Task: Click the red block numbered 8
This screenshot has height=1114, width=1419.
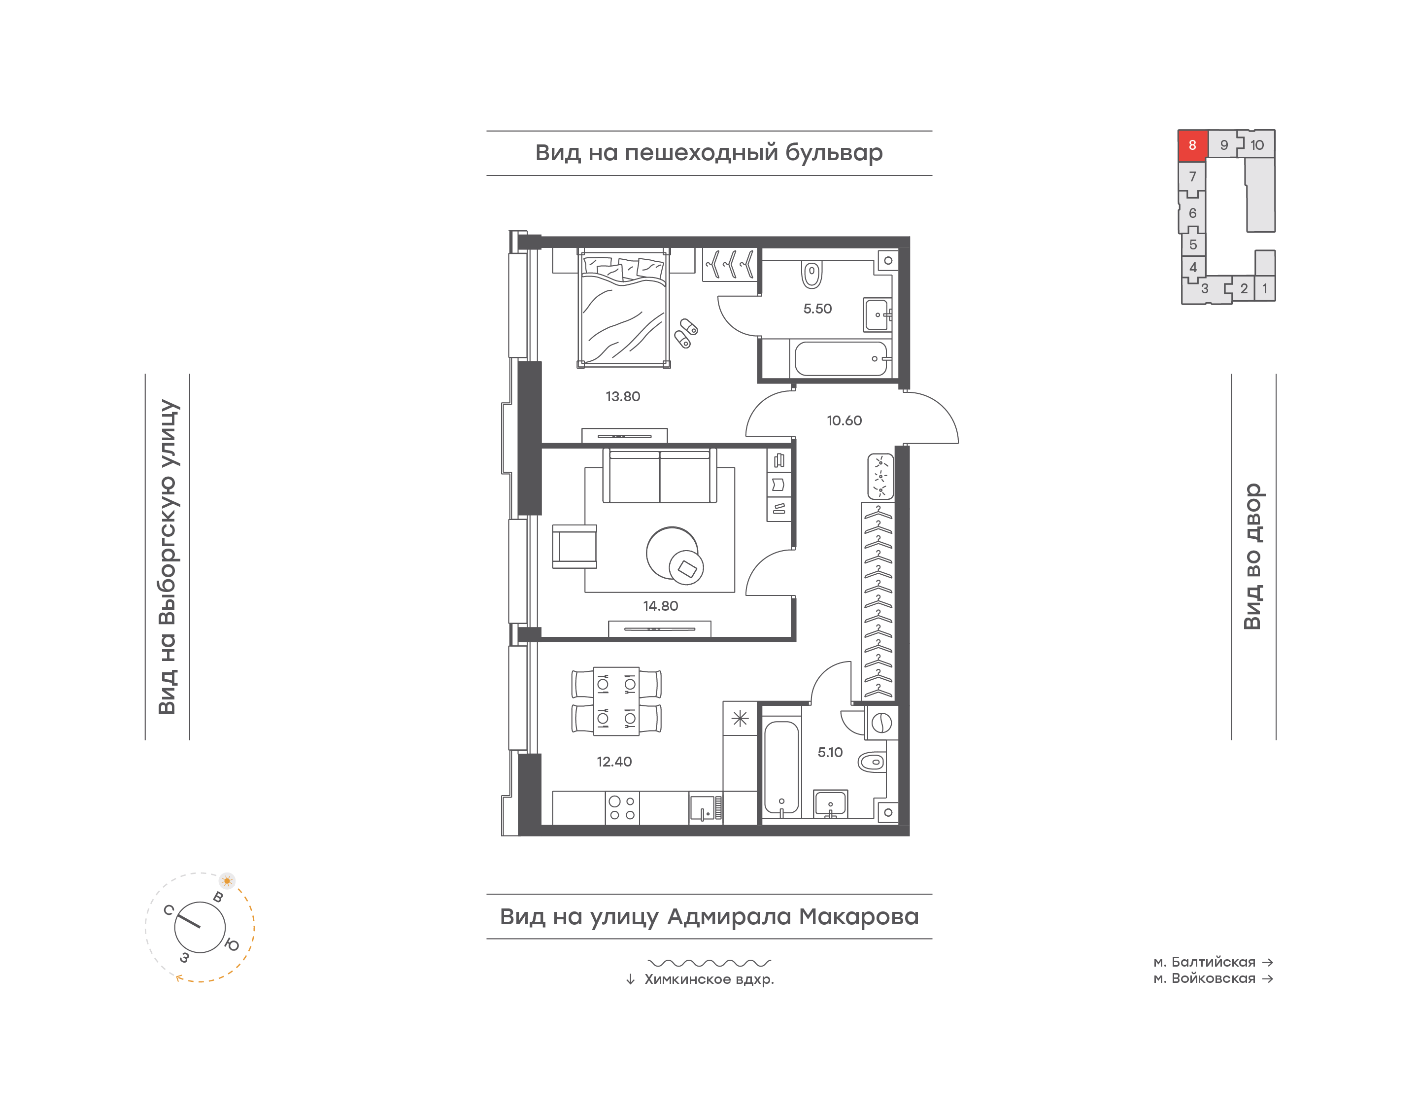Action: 1192,145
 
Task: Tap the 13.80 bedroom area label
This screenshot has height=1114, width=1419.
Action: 622,396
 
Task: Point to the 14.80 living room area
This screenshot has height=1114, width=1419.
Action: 660,606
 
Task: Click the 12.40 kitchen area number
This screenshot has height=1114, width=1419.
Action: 614,762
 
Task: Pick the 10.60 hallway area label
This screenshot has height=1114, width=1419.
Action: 844,420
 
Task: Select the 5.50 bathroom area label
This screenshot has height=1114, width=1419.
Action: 817,309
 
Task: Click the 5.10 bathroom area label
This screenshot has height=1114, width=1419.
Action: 830,752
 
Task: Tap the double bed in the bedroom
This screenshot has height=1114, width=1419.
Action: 624,308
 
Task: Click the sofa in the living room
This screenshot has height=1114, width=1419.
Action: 660,476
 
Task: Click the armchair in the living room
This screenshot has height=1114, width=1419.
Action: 574,547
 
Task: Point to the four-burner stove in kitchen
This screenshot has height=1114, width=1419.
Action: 622,808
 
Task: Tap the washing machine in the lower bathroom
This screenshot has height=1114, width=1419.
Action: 881,723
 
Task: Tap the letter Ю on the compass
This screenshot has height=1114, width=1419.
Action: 232,944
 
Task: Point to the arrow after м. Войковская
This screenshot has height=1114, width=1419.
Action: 1268,978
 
